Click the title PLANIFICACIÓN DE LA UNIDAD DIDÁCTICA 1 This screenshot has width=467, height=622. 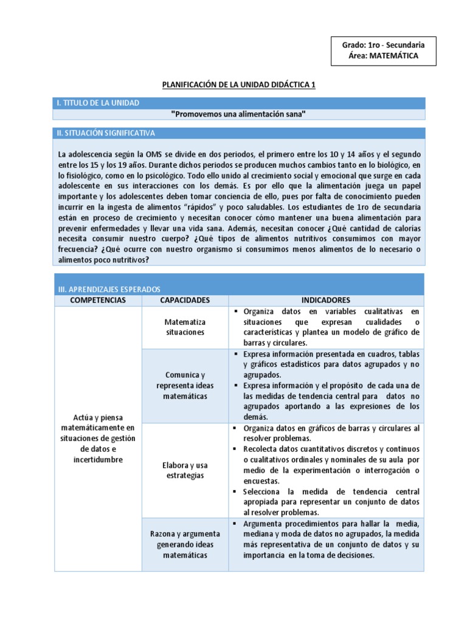tap(238, 84)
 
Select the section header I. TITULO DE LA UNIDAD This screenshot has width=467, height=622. tap(98, 103)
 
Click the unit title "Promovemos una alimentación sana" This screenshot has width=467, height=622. tap(238, 114)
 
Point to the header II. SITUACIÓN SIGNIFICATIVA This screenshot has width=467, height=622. tap(106, 132)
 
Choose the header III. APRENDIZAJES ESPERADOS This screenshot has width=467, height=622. tap(109, 290)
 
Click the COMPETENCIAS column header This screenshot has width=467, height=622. tap(98, 300)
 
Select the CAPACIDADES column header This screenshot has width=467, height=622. tap(185, 300)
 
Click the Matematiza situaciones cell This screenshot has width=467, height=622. tap(185, 327)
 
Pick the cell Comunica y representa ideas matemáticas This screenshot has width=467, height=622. tap(185, 385)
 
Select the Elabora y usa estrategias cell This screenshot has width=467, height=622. tap(185, 470)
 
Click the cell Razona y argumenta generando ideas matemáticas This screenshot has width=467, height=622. tap(185, 544)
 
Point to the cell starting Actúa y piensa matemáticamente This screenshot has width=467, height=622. tap(98, 439)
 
